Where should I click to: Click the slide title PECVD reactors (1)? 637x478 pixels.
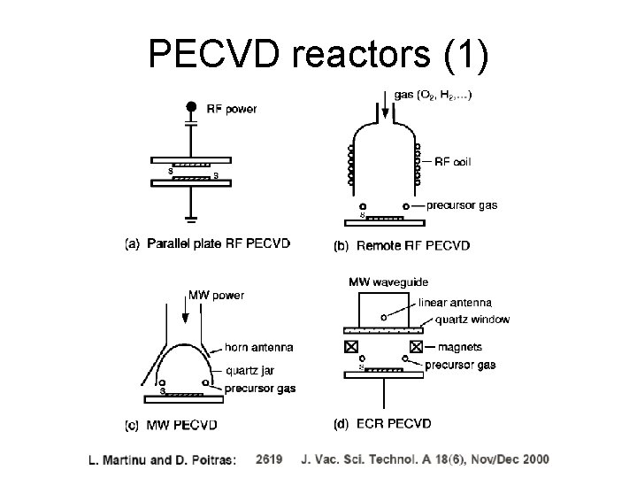318,54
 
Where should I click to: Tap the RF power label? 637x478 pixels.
232,110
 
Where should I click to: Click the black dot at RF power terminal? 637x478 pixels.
190,107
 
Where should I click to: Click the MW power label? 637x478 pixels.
217,295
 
